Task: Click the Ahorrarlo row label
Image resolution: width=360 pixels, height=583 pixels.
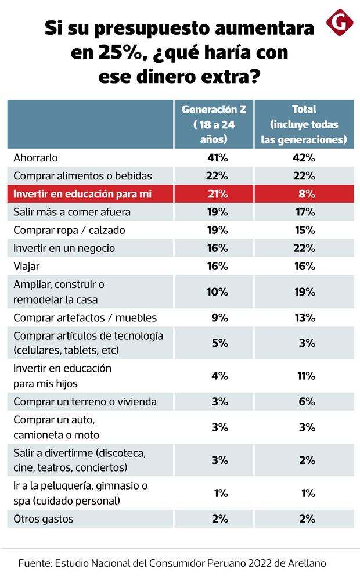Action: tap(36, 157)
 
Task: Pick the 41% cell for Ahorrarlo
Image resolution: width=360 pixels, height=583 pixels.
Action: tap(218, 157)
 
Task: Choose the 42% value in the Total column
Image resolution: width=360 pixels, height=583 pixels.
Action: tap(304, 157)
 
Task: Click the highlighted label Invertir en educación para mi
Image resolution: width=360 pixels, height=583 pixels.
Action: tap(82, 194)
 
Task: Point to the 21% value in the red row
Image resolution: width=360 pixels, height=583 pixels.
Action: tap(218, 194)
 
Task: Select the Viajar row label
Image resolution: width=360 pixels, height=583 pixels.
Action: tap(26, 266)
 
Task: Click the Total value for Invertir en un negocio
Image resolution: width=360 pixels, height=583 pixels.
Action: tap(304, 248)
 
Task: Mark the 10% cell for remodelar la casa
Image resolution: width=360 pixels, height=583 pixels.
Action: tap(218, 291)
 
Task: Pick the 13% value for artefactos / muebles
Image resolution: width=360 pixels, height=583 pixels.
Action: tap(304, 318)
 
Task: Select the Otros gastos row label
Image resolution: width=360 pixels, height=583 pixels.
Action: tap(43, 519)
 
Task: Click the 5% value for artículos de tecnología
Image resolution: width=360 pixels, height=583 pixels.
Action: tap(219, 343)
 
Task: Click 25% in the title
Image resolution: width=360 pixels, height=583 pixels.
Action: tap(109, 52)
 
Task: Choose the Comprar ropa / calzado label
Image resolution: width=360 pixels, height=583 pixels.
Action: tap(69, 230)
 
